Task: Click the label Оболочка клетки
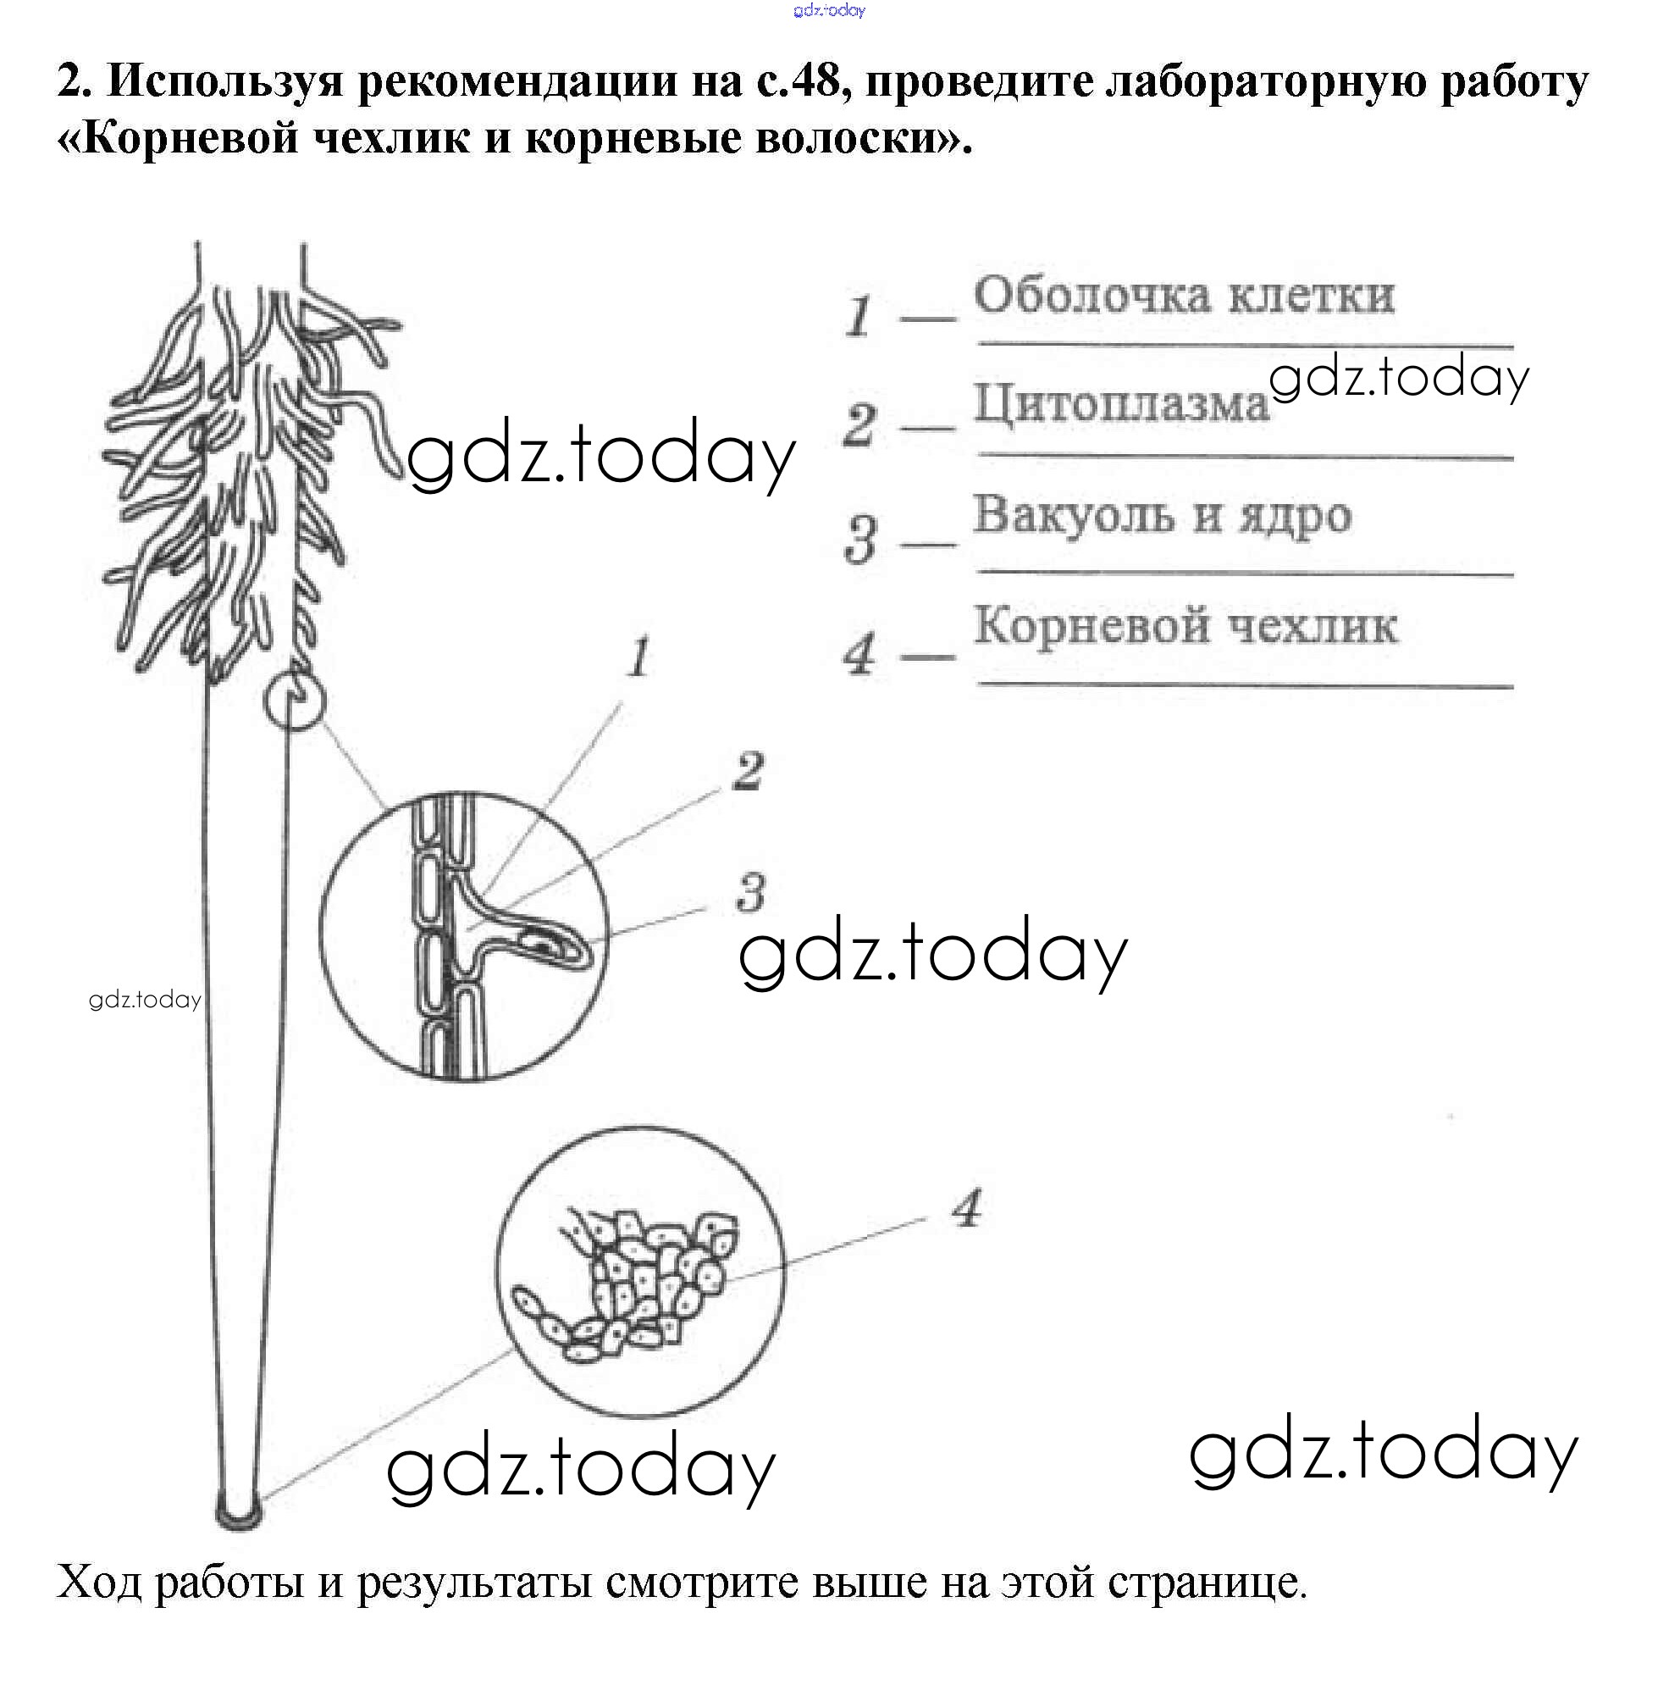pos(1184,296)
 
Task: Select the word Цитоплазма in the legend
pos(1121,405)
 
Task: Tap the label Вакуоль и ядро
pos(1162,515)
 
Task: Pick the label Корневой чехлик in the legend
pos(1185,625)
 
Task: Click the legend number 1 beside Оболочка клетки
pos(860,315)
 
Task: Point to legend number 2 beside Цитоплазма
pos(860,425)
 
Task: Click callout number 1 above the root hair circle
pos(640,657)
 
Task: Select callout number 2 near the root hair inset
pos(748,771)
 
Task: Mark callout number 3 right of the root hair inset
pos(750,893)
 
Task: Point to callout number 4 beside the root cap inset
pos(966,1208)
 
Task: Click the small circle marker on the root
pos(294,701)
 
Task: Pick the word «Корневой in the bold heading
pos(178,138)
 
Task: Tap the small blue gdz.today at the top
pos(829,10)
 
